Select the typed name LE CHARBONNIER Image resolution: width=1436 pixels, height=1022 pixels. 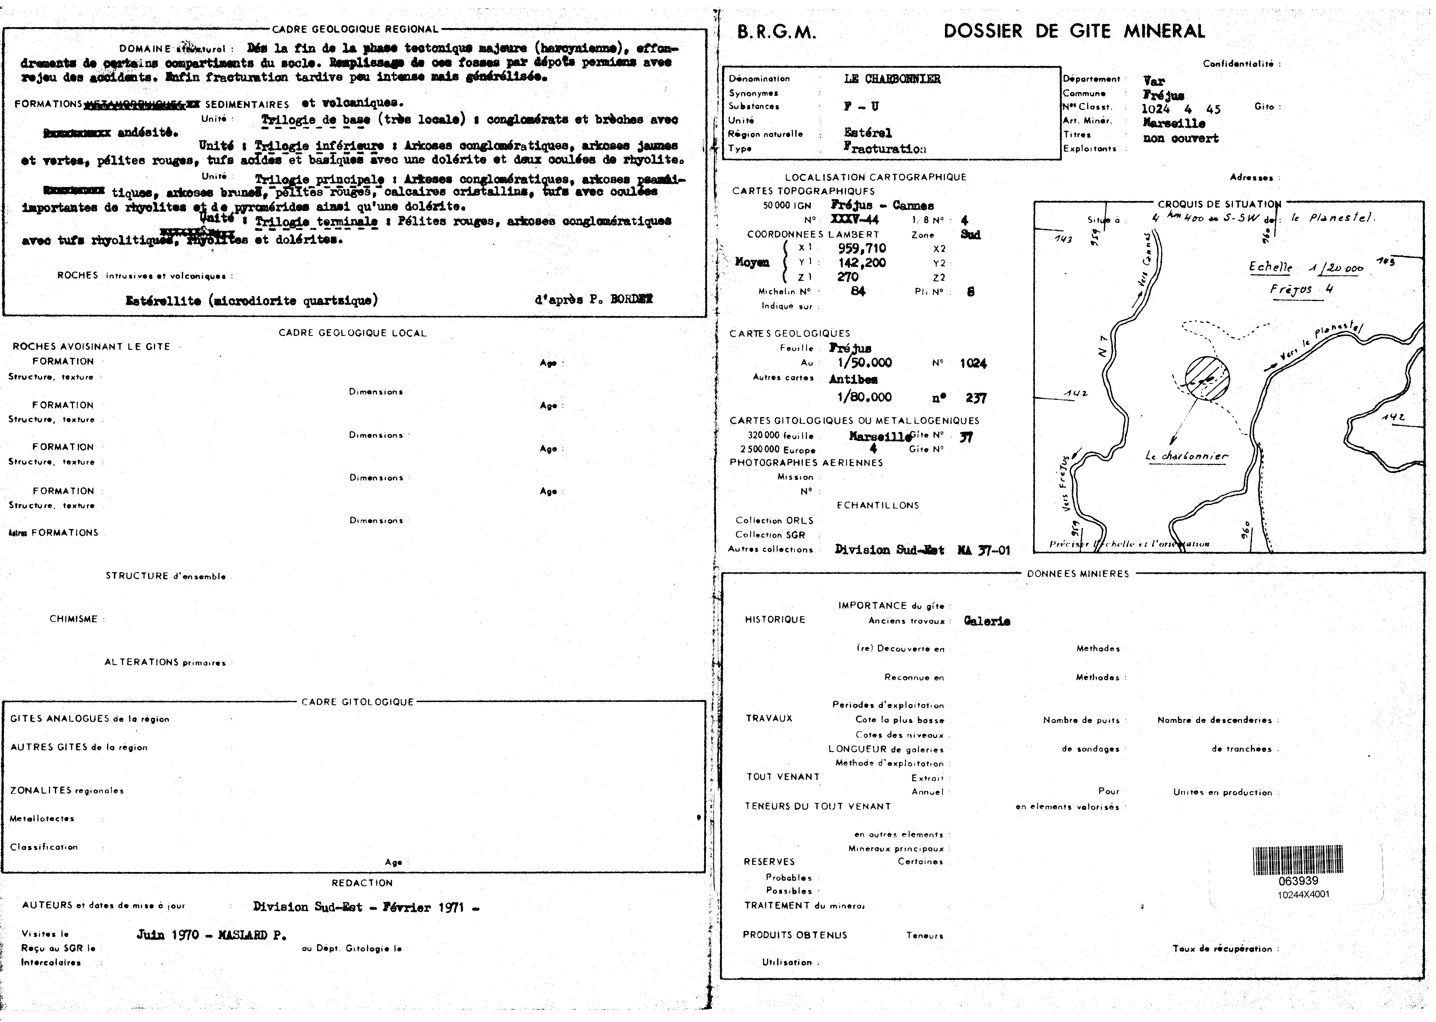tap(892, 79)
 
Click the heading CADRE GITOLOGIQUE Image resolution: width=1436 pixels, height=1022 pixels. tap(357, 702)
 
